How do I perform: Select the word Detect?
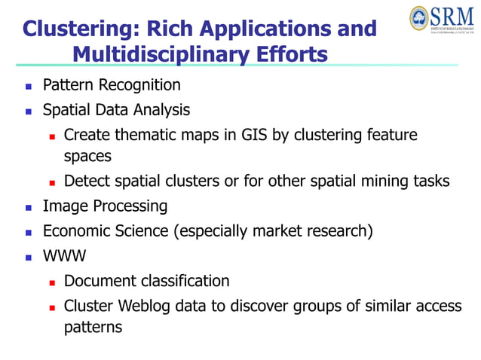click(86, 181)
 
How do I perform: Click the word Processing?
click(130, 206)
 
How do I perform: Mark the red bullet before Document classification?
click(52, 282)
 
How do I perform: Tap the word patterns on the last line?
click(93, 328)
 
